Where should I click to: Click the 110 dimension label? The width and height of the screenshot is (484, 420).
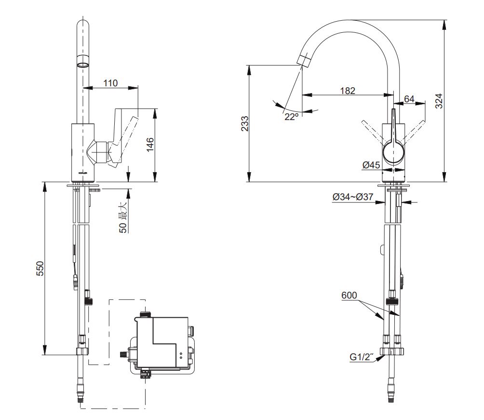pyautogui.click(x=110, y=83)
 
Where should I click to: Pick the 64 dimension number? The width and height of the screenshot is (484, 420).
pyautogui.click(x=409, y=99)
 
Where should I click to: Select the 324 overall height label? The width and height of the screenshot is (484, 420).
pyautogui.click(x=439, y=101)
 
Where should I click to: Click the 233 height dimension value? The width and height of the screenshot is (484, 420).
pyautogui.click(x=245, y=123)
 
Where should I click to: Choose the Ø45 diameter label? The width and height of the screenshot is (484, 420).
pyautogui.click(x=371, y=165)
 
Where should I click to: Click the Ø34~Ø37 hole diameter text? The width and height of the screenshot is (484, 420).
pyautogui.click(x=353, y=197)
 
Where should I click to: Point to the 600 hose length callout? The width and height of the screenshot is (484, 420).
pyautogui.click(x=349, y=295)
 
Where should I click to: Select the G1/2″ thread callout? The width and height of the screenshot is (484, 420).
pyautogui.click(x=362, y=358)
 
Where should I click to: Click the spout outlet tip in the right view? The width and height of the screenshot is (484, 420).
pyautogui.click(x=305, y=60)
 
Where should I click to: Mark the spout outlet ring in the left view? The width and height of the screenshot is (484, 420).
pyautogui.click(x=83, y=63)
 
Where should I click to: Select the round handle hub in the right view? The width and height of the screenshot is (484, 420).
pyautogui.click(x=394, y=153)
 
